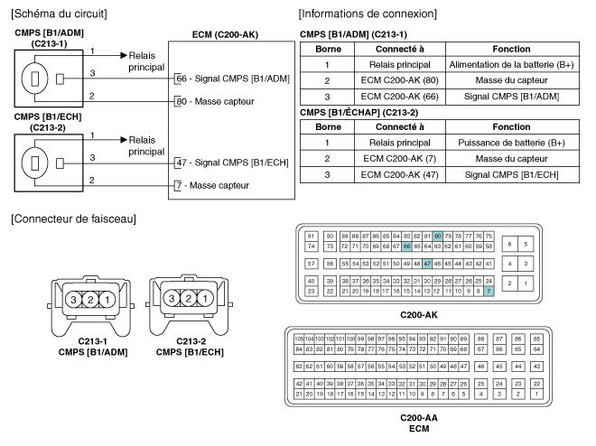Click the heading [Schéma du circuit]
[57, 14]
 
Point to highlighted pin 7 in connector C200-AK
[489, 292]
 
